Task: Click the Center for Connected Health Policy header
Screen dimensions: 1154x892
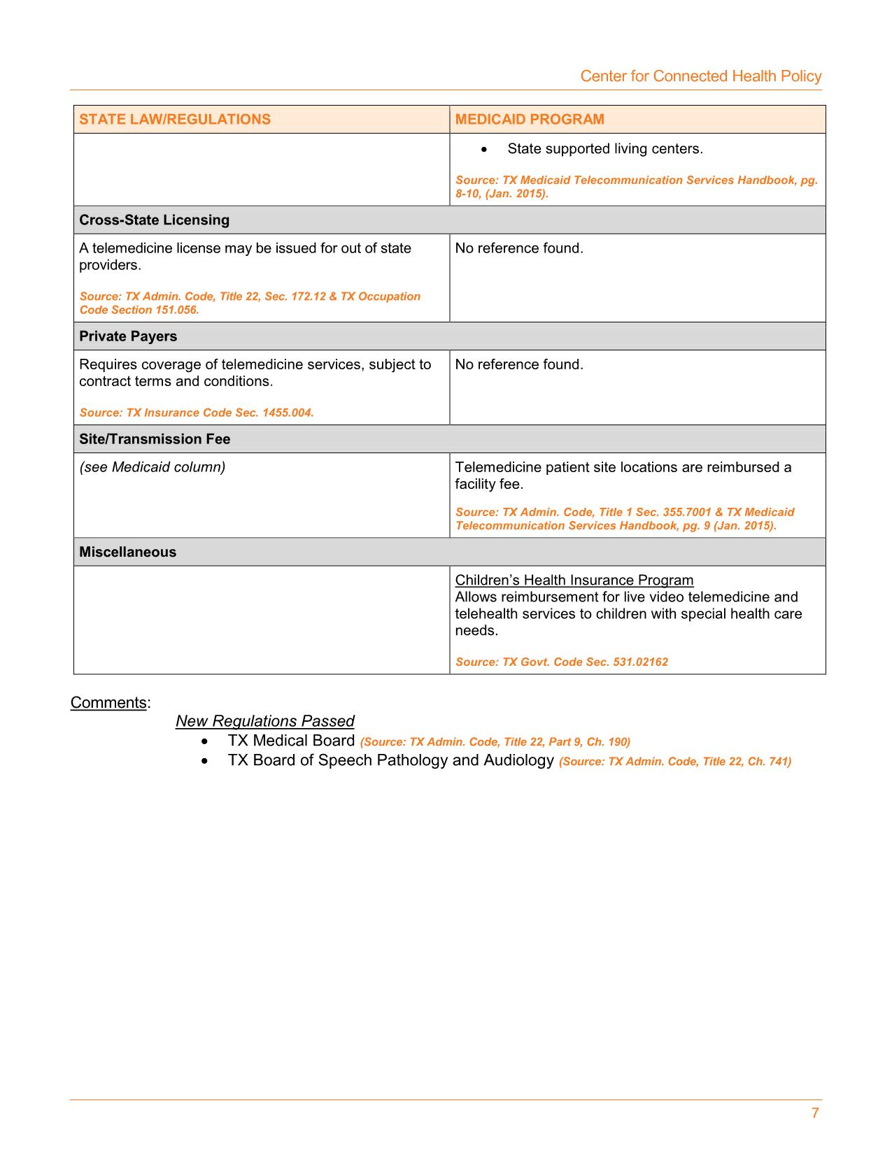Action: [x=700, y=76]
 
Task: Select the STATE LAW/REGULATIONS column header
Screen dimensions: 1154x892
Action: [x=175, y=119]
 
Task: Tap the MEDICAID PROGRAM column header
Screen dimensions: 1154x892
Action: [x=530, y=119]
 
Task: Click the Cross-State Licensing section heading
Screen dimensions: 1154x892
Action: [x=154, y=220]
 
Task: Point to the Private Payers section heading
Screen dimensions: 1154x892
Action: [x=128, y=336]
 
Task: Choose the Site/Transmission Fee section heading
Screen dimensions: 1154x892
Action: [x=155, y=439]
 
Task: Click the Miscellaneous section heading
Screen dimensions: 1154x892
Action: [x=127, y=552]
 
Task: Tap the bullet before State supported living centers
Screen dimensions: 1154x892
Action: [x=483, y=150]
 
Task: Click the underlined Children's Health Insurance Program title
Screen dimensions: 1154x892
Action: [x=574, y=580]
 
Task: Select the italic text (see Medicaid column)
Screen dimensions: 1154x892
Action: [x=152, y=466]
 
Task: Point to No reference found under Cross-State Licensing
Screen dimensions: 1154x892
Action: [x=518, y=248]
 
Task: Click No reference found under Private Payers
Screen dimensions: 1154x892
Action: [x=518, y=364]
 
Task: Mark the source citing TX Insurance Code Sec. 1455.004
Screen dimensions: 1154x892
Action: [x=197, y=413]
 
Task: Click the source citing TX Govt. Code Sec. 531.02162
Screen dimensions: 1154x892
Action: [x=561, y=662]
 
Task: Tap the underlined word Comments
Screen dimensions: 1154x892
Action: [x=108, y=702]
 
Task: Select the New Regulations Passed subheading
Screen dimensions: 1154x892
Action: [x=264, y=721]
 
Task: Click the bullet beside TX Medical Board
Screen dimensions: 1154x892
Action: [x=204, y=741]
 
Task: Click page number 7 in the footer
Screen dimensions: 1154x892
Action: [x=814, y=1113]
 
